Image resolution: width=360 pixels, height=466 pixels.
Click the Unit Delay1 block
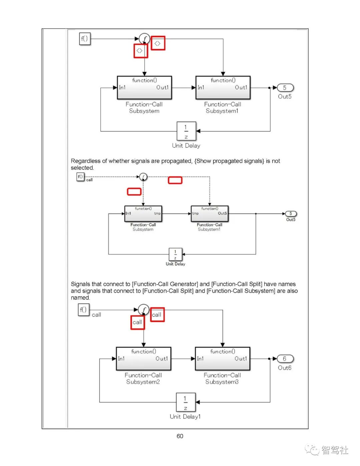186,402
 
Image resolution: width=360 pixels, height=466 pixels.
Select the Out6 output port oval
285,359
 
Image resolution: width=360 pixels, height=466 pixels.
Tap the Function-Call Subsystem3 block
222,359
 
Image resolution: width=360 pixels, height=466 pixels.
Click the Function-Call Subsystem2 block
143,359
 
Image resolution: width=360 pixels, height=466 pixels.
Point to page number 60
180,436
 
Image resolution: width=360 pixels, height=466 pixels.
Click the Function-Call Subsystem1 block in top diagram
223,88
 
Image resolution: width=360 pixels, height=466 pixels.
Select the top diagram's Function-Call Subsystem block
144,88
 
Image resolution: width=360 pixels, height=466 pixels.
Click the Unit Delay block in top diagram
186,131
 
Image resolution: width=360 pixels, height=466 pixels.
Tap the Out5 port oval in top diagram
285,88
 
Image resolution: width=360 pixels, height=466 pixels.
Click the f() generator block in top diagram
85,39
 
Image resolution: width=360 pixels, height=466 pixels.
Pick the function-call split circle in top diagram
144,39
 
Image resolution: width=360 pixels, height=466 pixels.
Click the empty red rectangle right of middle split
175,180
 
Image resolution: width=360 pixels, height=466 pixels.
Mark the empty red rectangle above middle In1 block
134,191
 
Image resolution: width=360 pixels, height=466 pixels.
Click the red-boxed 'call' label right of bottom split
157,315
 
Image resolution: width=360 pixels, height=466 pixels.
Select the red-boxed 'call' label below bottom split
137,323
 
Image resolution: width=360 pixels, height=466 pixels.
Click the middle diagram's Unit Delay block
175,254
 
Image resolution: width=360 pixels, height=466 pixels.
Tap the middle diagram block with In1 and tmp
143,213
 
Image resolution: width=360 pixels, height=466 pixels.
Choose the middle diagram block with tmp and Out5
209,213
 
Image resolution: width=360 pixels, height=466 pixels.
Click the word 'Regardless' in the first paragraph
85,161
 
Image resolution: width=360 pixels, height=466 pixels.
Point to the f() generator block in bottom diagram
83,310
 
